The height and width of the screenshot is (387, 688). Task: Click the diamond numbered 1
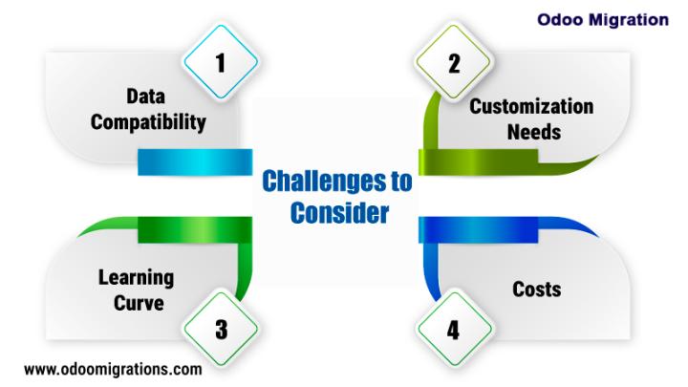click(x=221, y=62)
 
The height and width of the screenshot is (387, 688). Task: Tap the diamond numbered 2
click(x=453, y=62)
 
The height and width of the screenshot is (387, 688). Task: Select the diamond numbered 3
click(x=221, y=329)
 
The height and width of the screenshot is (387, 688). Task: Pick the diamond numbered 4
click(x=453, y=329)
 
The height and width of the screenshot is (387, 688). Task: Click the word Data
click(x=145, y=97)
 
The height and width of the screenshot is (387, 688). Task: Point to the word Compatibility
click(x=148, y=122)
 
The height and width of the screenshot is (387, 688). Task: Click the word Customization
click(x=531, y=107)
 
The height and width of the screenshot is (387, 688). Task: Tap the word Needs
click(x=534, y=132)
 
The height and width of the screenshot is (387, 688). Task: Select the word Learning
click(x=136, y=278)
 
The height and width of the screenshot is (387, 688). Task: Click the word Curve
click(x=139, y=303)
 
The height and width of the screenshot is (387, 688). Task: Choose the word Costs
click(x=537, y=290)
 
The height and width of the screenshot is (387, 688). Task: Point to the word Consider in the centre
click(x=339, y=213)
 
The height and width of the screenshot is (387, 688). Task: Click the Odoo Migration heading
click(x=603, y=20)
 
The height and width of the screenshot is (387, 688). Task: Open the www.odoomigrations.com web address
click(x=113, y=370)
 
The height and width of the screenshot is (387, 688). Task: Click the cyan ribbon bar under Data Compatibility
click(x=195, y=162)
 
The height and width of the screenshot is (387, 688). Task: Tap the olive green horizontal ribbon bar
click(x=479, y=162)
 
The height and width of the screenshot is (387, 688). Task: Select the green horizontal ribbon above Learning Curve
click(x=195, y=230)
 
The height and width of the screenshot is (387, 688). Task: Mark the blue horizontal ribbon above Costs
click(x=479, y=230)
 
